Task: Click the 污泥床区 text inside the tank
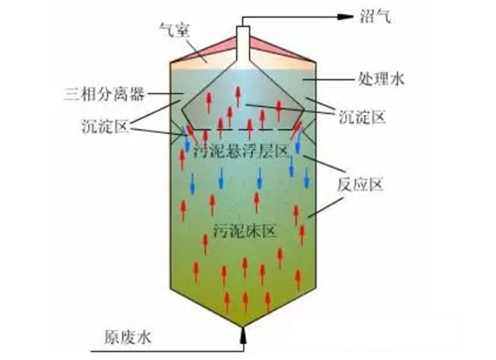244,231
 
